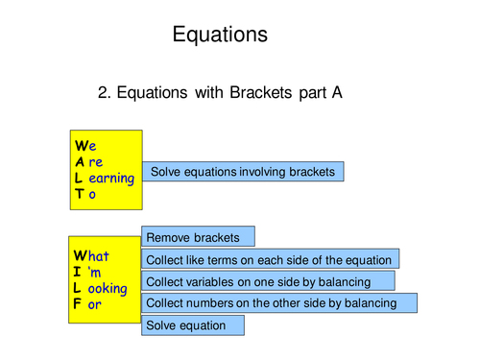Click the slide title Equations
pyautogui.click(x=219, y=36)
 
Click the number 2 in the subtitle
pyautogui.click(x=104, y=93)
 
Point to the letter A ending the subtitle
pyautogui.click(x=337, y=93)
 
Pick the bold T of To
pyautogui.click(x=80, y=193)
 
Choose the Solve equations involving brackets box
pyautogui.click(x=242, y=172)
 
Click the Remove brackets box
pyautogui.click(x=198, y=236)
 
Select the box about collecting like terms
pyautogui.click(x=271, y=259)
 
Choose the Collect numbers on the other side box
pyautogui.click(x=279, y=303)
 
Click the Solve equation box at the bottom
pyautogui.click(x=192, y=325)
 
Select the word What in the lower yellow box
pyautogui.click(x=91, y=256)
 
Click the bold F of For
pyautogui.click(x=79, y=304)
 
